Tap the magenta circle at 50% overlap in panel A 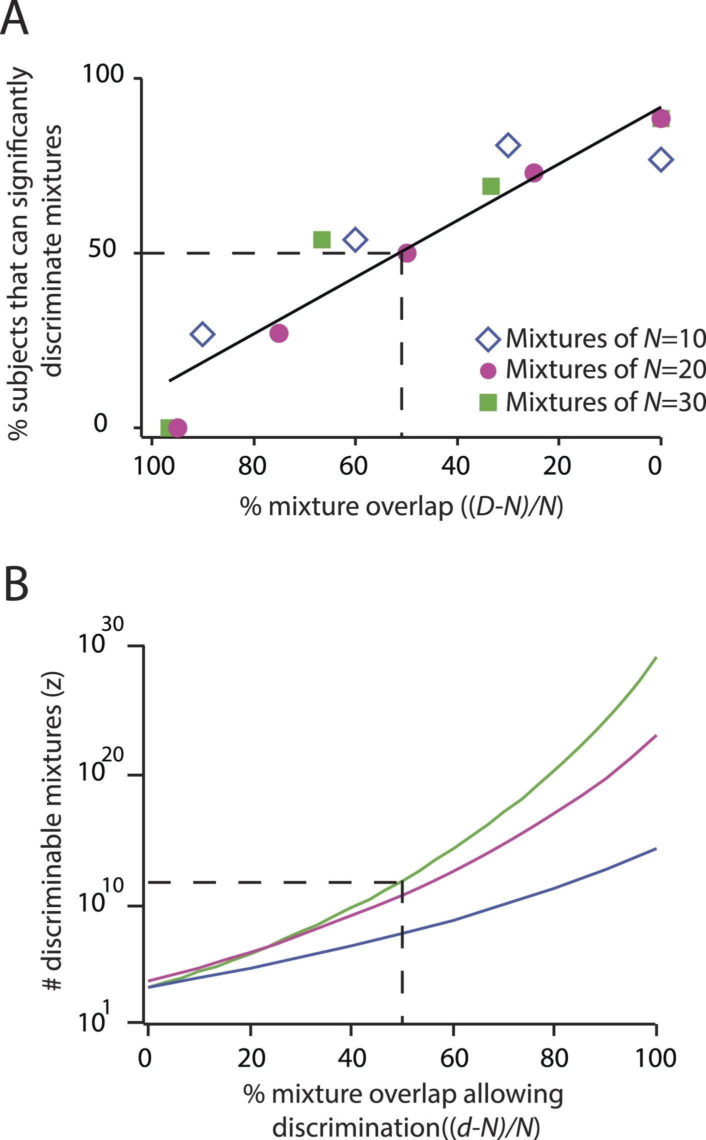[407, 253]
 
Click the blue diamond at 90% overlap [202, 334]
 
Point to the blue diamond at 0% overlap [660, 159]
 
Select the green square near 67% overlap [321, 239]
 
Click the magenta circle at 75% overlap [278, 333]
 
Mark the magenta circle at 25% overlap [534, 173]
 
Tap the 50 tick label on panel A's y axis [102, 249]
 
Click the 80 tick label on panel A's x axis [252, 466]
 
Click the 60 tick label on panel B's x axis [453, 1059]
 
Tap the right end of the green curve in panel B [655, 658]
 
